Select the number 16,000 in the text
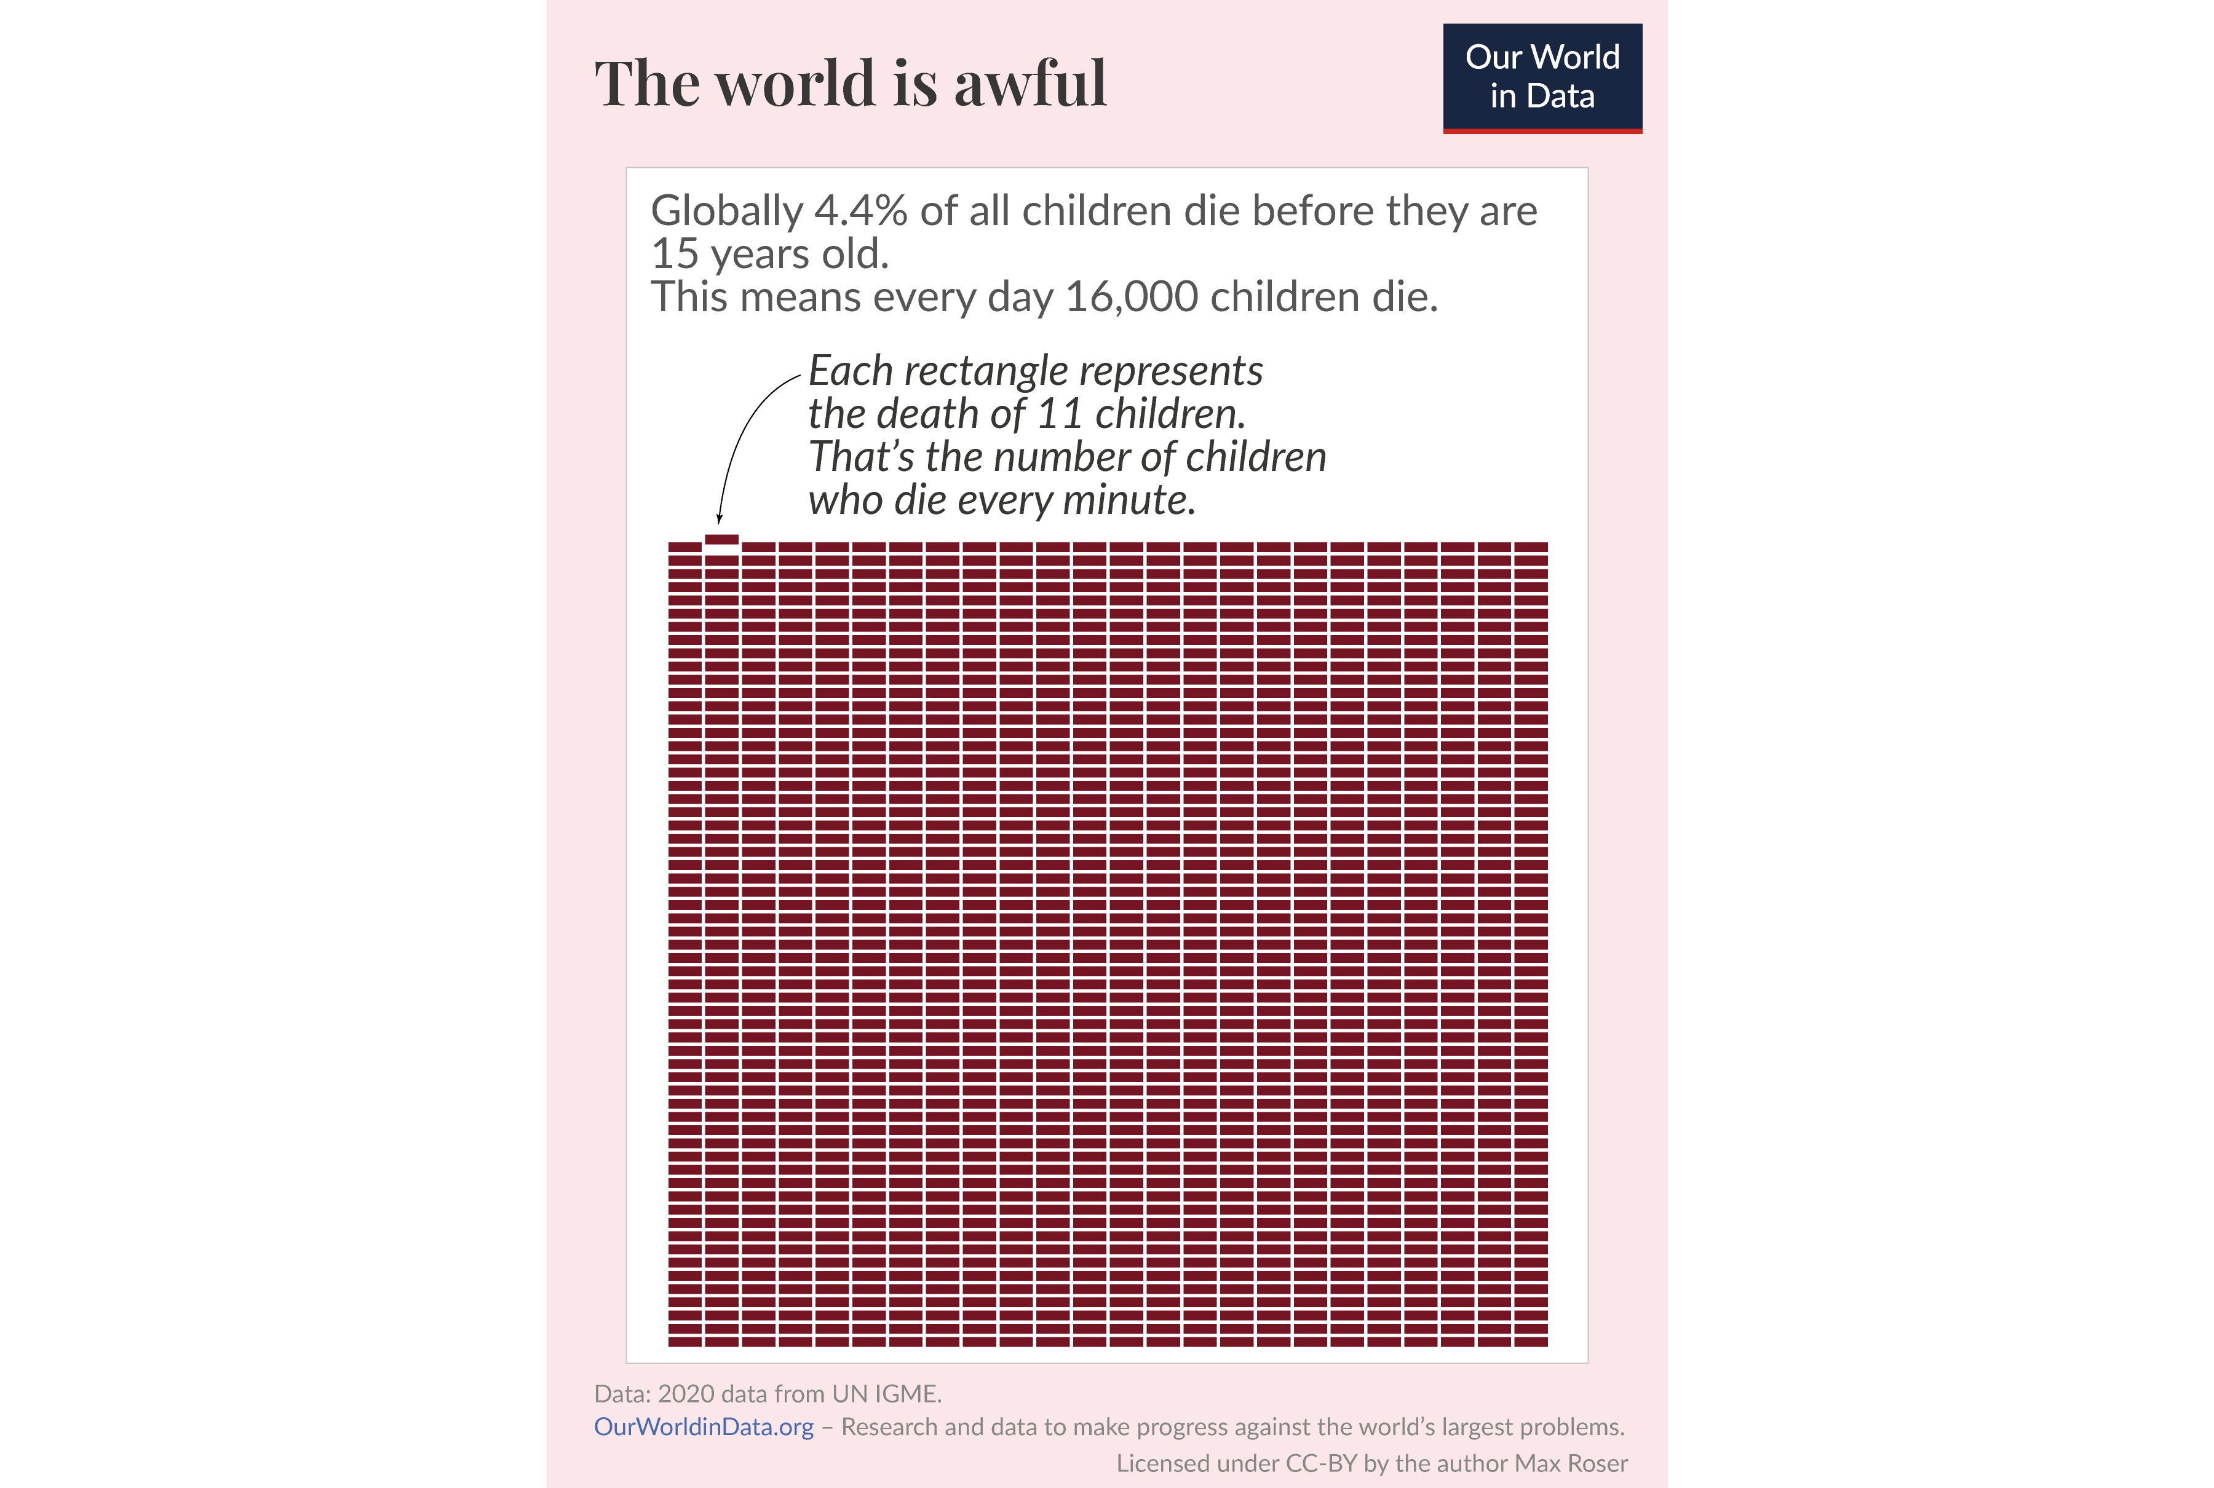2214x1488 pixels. (1131, 297)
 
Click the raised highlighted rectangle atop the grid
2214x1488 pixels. (721, 539)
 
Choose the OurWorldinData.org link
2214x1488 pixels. (703, 1427)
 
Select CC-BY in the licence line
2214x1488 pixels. (1321, 1463)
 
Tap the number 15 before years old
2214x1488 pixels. (674, 255)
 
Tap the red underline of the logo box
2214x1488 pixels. (1542, 131)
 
